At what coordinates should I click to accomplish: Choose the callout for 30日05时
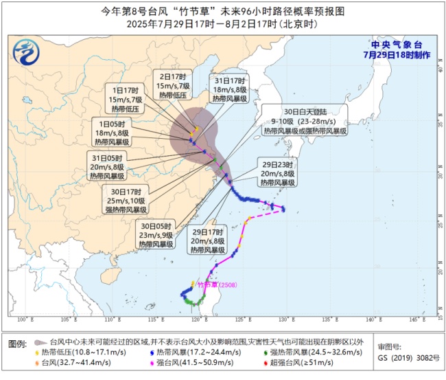click(154, 234)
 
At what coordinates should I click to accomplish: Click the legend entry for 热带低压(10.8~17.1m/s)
click(75, 352)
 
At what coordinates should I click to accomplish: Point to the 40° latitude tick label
click(438, 68)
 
